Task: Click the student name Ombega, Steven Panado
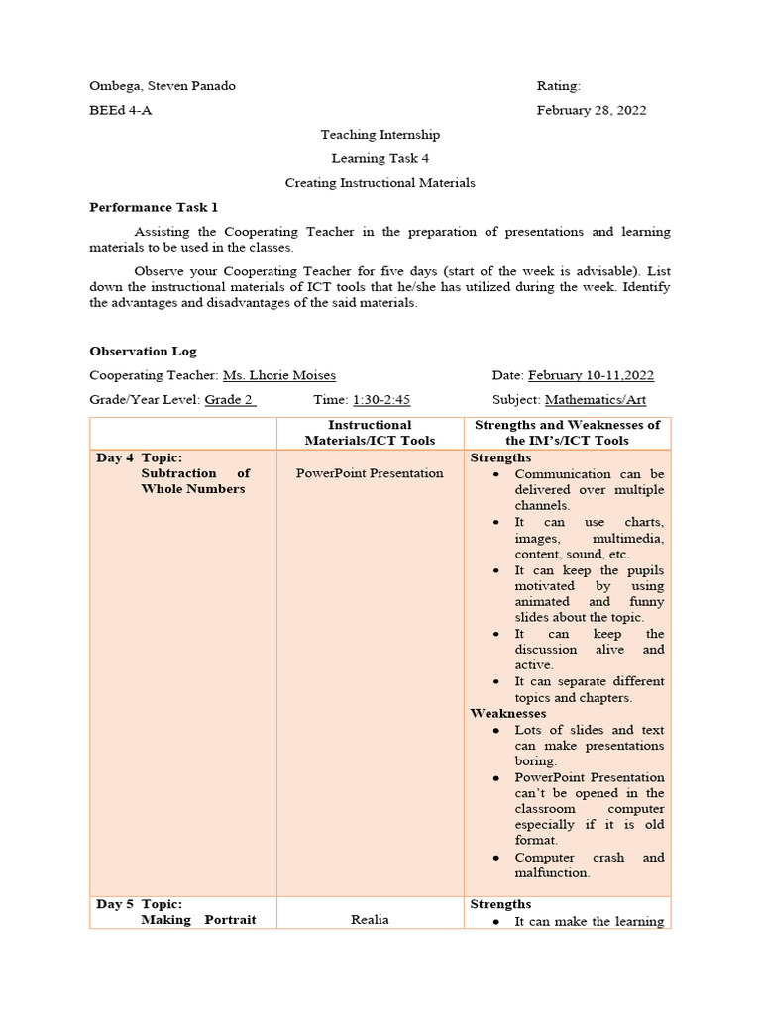(x=163, y=86)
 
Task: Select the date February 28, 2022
(x=592, y=110)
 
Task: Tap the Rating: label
(x=559, y=86)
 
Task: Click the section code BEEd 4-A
(x=121, y=110)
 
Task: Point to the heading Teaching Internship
(x=380, y=134)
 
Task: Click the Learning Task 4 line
(x=380, y=158)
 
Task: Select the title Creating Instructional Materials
(x=380, y=182)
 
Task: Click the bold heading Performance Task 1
(x=154, y=207)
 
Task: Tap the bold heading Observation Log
(x=143, y=351)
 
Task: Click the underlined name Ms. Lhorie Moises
(x=278, y=375)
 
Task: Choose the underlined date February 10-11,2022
(x=591, y=375)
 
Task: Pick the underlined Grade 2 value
(x=229, y=400)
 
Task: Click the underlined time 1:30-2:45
(x=381, y=400)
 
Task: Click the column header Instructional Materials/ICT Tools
(x=370, y=433)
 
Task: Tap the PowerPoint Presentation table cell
(x=370, y=473)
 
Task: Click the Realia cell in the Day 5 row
(x=370, y=919)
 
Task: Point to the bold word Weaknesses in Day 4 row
(x=507, y=713)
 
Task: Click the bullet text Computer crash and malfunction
(x=589, y=864)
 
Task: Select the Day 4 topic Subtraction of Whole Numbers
(x=192, y=481)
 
